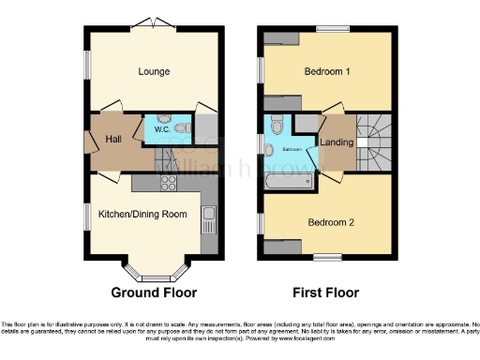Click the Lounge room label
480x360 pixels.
[154, 71]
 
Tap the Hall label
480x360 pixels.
[114, 139]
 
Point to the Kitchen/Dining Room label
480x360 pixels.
[142, 214]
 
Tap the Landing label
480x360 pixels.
[336, 142]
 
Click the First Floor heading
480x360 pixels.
[327, 291]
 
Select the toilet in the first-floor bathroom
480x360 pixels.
[277, 126]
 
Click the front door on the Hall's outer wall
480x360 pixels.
[89, 142]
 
